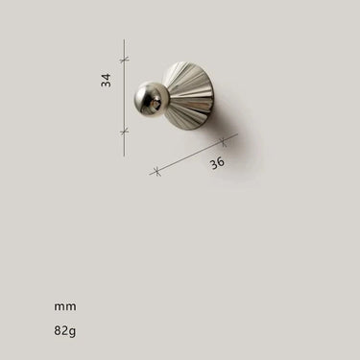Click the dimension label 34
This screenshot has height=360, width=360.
point(106,80)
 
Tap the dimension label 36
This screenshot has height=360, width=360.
point(217,163)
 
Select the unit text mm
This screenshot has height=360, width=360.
point(65,306)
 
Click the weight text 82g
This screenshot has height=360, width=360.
point(65,330)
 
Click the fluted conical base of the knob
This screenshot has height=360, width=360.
point(189,96)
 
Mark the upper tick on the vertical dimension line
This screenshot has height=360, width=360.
point(125,60)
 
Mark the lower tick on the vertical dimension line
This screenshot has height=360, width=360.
point(125,132)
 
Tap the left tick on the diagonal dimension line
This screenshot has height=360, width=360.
point(156,171)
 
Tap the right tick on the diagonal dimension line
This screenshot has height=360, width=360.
point(224,141)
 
